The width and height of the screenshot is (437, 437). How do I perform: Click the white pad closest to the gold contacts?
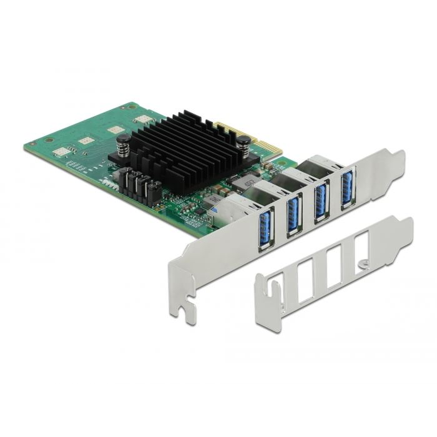(x=142, y=119)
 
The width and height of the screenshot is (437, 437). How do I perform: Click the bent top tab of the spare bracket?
(x=403, y=225)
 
